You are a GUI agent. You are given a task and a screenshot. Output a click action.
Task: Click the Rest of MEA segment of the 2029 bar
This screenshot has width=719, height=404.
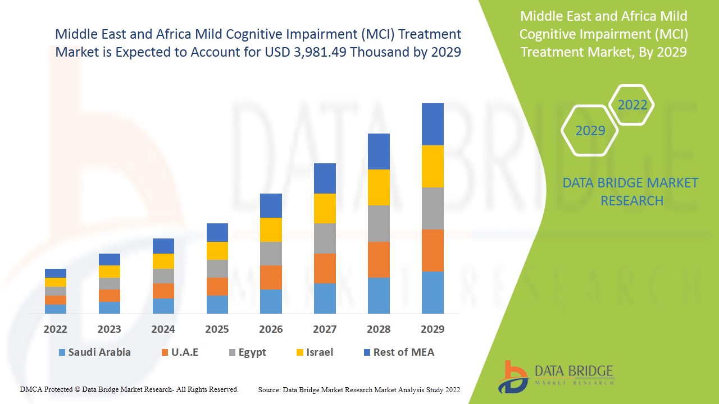[433, 124]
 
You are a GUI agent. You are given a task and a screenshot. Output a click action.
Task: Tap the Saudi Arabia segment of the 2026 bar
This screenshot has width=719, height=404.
[271, 301]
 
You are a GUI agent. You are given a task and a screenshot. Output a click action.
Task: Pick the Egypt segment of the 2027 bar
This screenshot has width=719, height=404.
[325, 238]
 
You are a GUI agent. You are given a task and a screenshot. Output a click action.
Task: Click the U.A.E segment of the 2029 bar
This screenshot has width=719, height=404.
[433, 250]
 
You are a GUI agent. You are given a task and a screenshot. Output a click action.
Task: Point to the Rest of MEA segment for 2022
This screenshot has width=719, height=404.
[56, 273]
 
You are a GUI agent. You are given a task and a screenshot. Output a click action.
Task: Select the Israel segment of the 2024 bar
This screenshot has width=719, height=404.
[163, 261]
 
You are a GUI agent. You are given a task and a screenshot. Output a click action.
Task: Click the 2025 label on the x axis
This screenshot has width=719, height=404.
[217, 329]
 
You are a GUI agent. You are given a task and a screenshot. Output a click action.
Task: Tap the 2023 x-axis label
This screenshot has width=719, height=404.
[110, 329]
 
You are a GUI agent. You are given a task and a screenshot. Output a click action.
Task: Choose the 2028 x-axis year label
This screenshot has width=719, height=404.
[379, 329]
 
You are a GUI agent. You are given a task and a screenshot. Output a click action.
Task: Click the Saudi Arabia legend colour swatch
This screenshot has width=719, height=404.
[62, 352]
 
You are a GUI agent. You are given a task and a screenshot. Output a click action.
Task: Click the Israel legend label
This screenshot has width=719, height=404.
[319, 352]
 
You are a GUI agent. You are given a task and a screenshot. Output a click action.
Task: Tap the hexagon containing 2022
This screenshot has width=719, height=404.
[632, 105]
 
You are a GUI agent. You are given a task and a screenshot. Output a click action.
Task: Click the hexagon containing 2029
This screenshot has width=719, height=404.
[590, 131]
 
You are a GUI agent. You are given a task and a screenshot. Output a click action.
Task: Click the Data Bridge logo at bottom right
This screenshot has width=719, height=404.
[556, 376]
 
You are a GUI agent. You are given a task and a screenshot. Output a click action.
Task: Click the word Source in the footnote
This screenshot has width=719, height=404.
[270, 389]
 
